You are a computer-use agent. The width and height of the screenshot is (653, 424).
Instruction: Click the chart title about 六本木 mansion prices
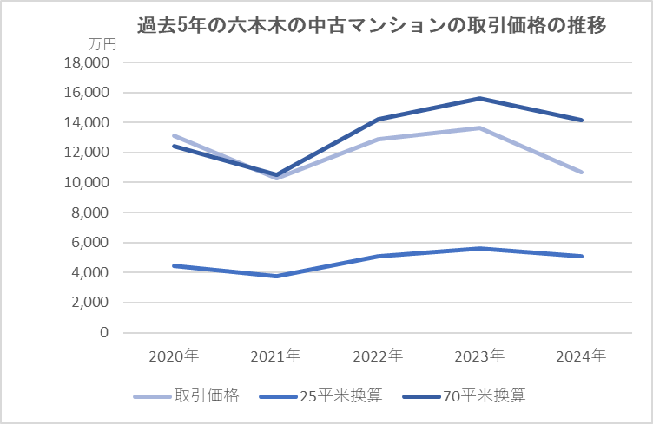pos(372,26)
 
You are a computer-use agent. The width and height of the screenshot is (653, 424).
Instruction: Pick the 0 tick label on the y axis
pos(104,333)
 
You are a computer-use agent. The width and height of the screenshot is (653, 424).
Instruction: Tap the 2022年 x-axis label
pos(378,356)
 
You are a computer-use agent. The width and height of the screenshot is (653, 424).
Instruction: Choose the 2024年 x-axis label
pos(582,356)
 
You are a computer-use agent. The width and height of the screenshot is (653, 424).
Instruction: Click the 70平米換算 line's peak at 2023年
pos(480,99)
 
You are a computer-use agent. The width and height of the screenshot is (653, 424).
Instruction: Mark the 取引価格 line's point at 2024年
pos(582,173)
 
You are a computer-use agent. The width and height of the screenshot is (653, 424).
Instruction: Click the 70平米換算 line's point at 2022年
pos(378,120)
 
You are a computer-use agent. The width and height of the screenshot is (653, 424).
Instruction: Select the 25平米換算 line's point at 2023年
pos(480,249)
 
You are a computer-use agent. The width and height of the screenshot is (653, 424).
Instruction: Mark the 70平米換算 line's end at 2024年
pos(582,121)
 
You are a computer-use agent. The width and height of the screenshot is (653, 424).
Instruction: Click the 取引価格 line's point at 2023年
pos(480,128)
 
